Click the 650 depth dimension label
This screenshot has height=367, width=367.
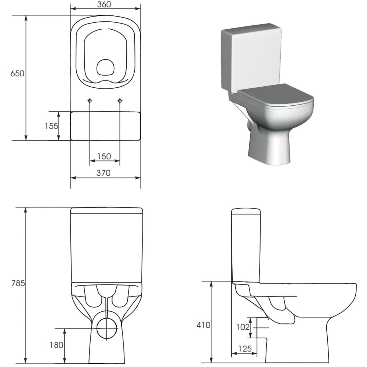pos(17,73)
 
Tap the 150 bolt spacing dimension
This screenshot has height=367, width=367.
pos(104,156)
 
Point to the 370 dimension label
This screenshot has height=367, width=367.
pos(103,173)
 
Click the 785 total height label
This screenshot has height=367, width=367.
pos(17,283)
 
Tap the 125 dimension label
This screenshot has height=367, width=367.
pos(244,349)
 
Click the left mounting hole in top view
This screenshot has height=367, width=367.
pos(90,101)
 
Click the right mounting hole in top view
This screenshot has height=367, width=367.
pos(120,101)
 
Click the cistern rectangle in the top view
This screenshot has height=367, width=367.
pos(105,126)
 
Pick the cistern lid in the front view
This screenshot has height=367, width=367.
pos(106,211)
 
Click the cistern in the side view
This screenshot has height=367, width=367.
pos(246,246)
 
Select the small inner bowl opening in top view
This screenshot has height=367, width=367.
pos(105,68)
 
